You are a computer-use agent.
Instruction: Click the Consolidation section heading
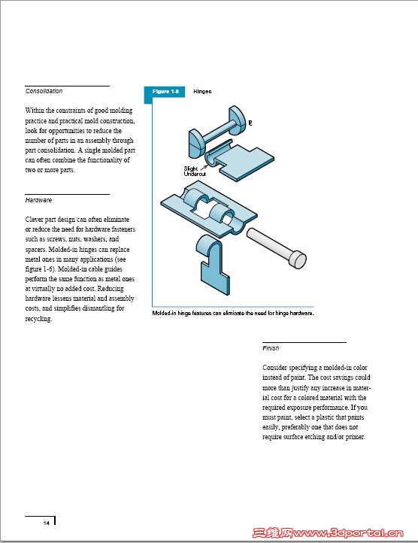click(x=44, y=91)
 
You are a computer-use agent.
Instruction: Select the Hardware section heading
click(x=38, y=200)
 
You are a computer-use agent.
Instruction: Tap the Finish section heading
click(x=271, y=348)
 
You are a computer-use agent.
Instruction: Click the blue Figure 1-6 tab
click(x=165, y=92)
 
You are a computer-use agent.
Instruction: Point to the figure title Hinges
click(x=202, y=92)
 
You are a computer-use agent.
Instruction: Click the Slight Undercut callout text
click(x=195, y=171)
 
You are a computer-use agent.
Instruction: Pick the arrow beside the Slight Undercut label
click(x=204, y=167)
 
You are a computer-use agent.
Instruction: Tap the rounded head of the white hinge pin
click(x=298, y=259)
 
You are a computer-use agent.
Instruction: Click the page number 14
click(x=47, y=523)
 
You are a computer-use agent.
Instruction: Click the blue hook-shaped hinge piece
click(x=213, y=264)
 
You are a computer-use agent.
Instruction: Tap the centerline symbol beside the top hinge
click(x=250, y=123)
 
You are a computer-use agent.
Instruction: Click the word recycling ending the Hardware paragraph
click(x=38, y=319)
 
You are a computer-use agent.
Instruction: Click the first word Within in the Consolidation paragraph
click(x=35, y=111)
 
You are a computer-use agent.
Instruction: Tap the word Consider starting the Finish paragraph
click(x=274, y=368)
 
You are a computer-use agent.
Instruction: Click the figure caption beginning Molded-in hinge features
click(x=233, y=313)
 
